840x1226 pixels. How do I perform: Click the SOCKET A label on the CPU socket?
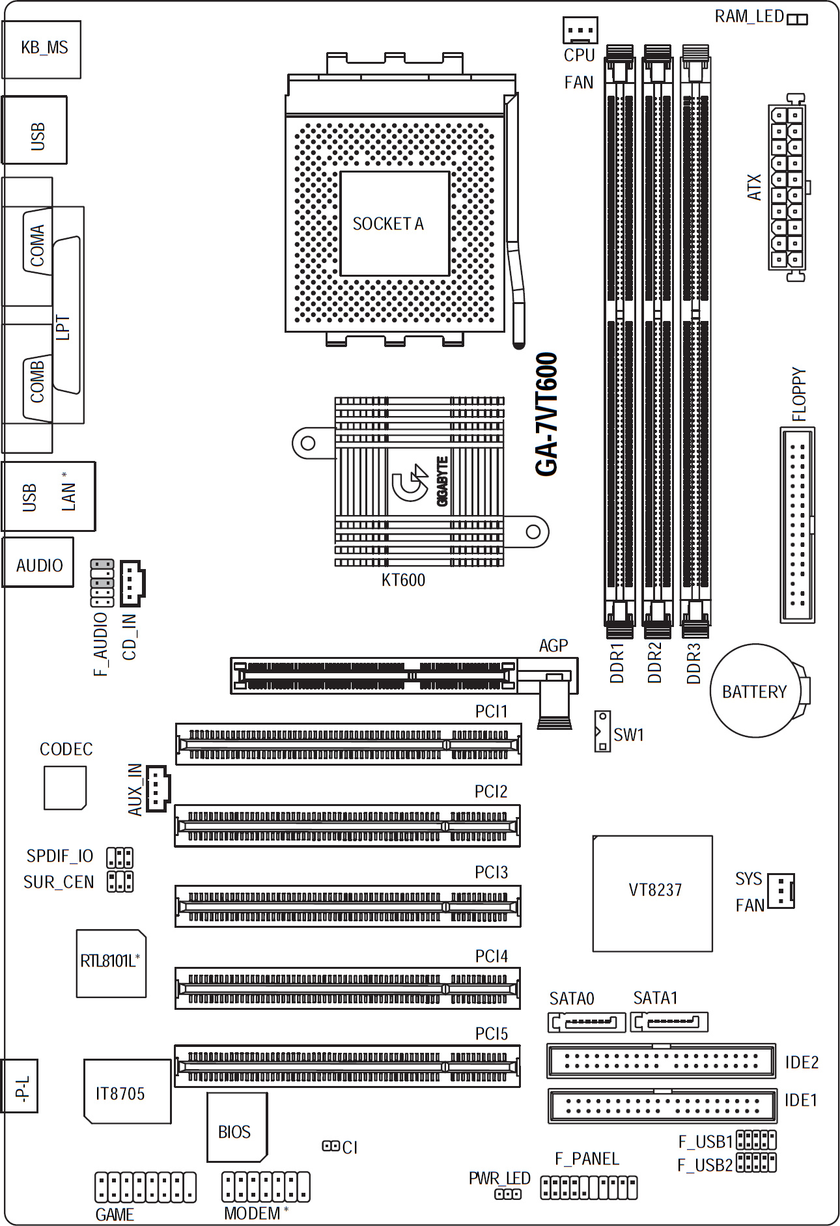(x=388, y=224)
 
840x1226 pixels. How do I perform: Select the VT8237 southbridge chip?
(x=652, y=893)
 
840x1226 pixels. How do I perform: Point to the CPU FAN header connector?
(x=580, y=30)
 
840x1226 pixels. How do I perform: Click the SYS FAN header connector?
(x=781, y=891)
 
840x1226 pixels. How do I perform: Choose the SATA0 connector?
(x=587, y=1022)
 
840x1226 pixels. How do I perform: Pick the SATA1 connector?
(x=670, y=1022)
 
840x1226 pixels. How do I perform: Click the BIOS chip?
(x=237, y=1127)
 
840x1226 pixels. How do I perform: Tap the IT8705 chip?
(x=128, y=1091)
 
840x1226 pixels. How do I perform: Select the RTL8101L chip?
(x=111, y=964)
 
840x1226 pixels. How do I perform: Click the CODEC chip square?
(x=65, y=788)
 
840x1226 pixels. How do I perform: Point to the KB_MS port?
(x=42, y=49)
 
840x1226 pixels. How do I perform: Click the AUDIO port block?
(x=38, y=563)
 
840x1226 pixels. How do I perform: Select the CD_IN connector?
(x=132, y=583)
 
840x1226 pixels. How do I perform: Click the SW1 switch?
(x=602, y=732)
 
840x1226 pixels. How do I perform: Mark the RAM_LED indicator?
(x=797, y=20)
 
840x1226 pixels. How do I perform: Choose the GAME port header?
(x=145, y=1187)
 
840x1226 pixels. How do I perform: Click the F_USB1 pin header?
(x=756, y=1140)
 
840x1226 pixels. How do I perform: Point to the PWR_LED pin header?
(x=508, y=1194)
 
